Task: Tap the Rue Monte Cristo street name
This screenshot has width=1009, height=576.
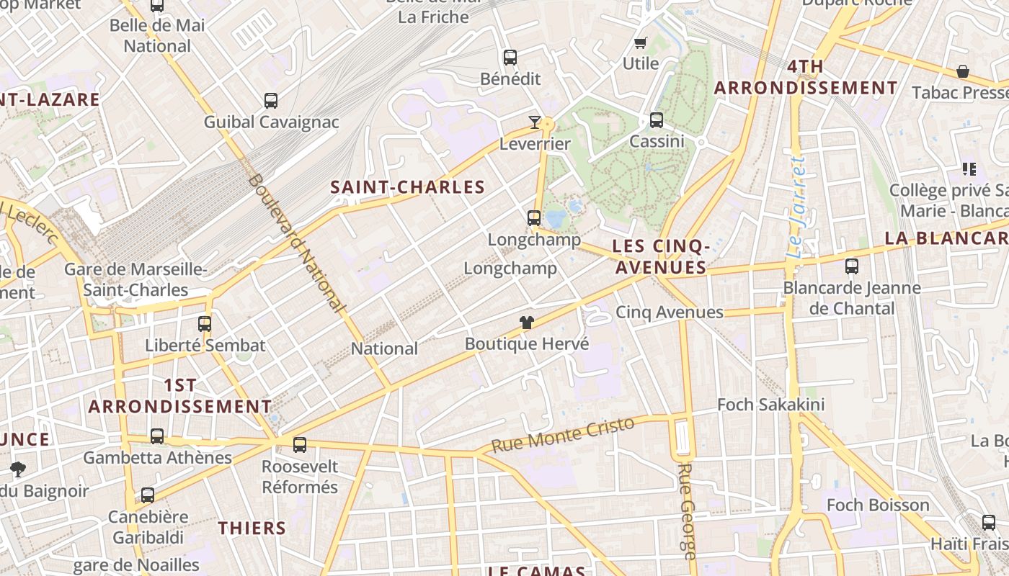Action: pyautogui.click(x=563, y=434)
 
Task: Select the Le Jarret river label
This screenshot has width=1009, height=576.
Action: pyautogui.click(x=796, y=207)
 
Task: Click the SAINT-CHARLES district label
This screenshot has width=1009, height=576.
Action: pyautogui.click(x=407, y=187)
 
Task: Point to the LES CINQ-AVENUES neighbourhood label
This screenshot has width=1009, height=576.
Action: pyautogui.click(x=660, y=257)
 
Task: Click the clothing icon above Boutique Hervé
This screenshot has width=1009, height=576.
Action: pyautogui.click(x=527, y=323)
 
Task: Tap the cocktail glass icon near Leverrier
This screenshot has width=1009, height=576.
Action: pyautogui.click(x=534, y=122)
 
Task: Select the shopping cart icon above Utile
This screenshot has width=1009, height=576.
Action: pyautogui.click(x=640, y=42)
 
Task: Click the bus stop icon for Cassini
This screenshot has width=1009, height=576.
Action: pyautogui.click(x=656, y=120)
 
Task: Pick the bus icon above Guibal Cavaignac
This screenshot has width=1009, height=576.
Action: pyautogui.click(x=271, y=101)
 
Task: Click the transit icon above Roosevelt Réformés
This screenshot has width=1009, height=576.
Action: pyautogui.click(x=300, y=445)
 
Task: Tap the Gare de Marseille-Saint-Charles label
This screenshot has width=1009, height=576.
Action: pyautogui.click(x=135, y=279)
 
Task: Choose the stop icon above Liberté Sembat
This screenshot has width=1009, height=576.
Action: pyautogui.click(x=205, y=324)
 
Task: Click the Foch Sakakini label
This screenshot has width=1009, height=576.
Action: pyautogui.click(x=770, y=405)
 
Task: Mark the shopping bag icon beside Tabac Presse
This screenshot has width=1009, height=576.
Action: pyautogui.click(x=962, y=71)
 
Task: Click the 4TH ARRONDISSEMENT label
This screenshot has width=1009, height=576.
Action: pyautogui.click(x=806, y=78)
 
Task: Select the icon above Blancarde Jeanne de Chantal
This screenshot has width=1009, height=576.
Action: pyautogui.click(x=852, y=266)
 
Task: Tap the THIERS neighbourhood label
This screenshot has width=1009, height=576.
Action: pyautogui.click(x=252, y=528)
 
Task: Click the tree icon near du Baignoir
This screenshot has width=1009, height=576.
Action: pyautogui.click(x=18, y=469)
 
